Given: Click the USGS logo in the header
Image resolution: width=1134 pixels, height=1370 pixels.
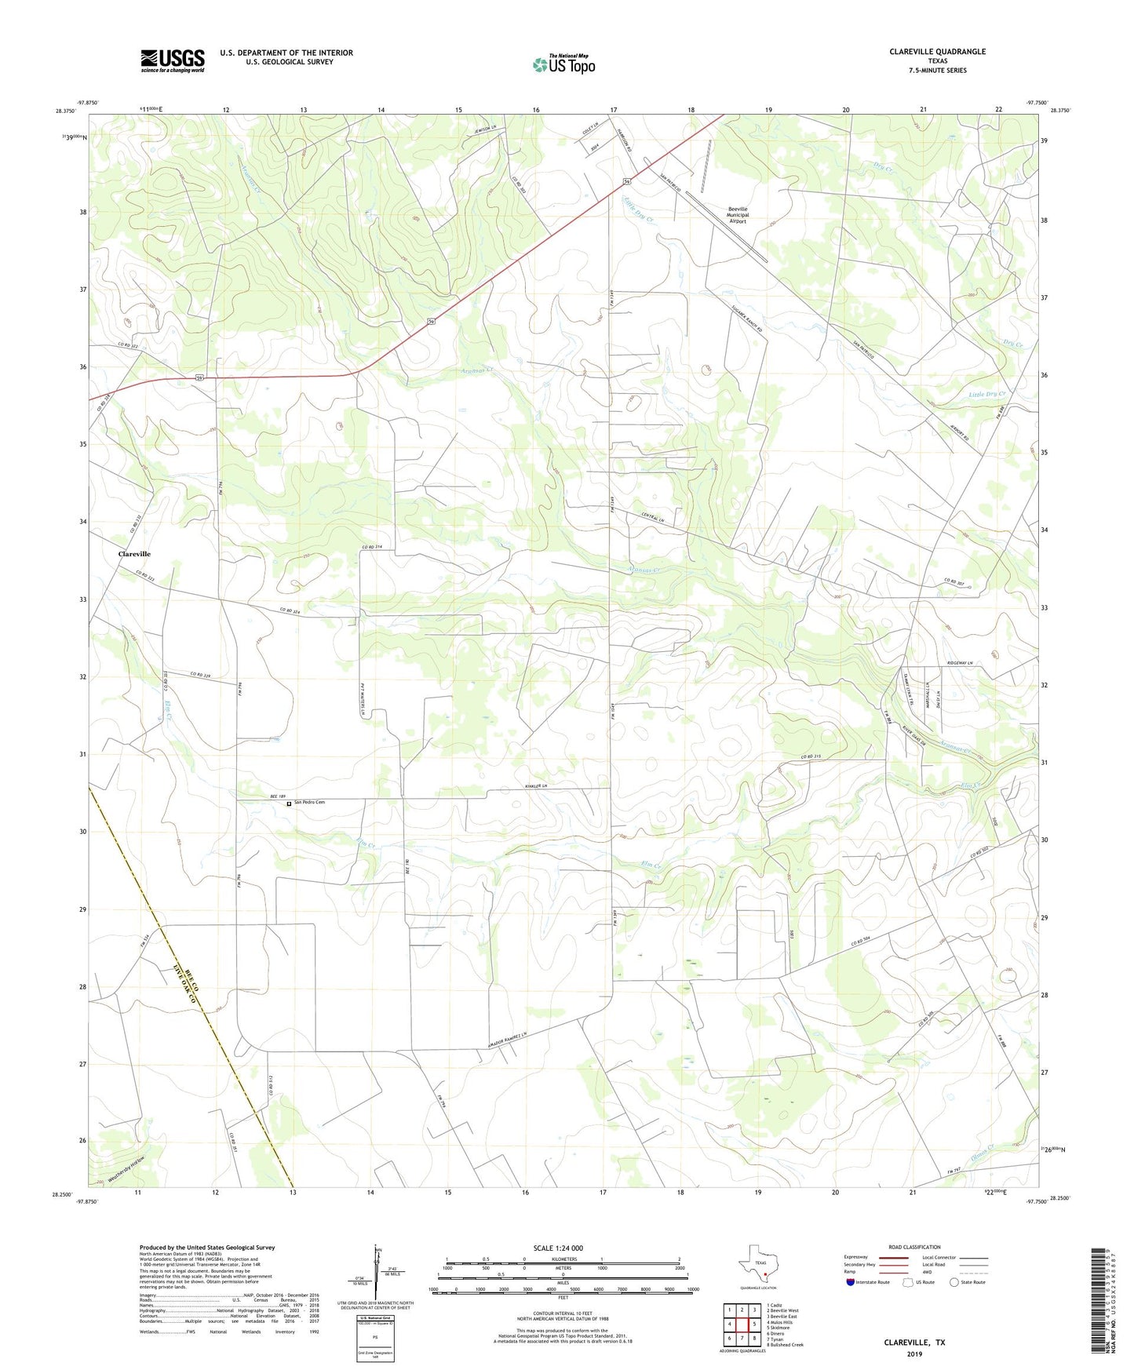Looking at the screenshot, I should (173, 60).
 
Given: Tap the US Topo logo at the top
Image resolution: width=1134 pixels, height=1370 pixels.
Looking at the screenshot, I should (563, 64).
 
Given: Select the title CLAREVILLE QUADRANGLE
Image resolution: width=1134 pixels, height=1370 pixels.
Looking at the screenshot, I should (937, 52).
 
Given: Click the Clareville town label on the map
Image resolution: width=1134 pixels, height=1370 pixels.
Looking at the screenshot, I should (134, 554).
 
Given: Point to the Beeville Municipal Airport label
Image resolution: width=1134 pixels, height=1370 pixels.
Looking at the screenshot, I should (738, 215).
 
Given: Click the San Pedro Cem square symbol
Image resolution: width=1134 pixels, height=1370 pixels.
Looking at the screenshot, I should (289, 803).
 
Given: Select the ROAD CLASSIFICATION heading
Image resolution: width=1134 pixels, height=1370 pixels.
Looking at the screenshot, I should (914, 1247).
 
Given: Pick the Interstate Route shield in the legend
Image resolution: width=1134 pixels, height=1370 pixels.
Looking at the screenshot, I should (850, 1282).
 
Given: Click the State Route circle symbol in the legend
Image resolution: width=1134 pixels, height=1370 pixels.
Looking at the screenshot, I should (954, 1282).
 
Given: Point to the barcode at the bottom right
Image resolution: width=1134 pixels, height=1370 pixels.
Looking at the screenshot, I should (1099, 1303).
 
